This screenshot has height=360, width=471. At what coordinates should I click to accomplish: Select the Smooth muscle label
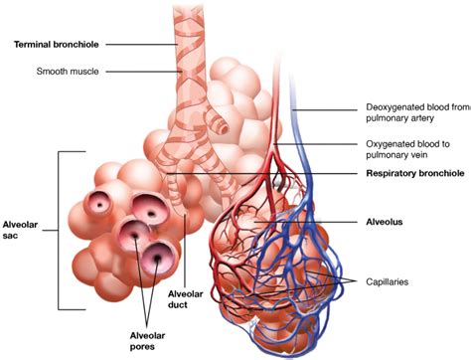click(x=68, y=72)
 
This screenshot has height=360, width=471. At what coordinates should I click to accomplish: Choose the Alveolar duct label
click(x=187, y=301)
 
